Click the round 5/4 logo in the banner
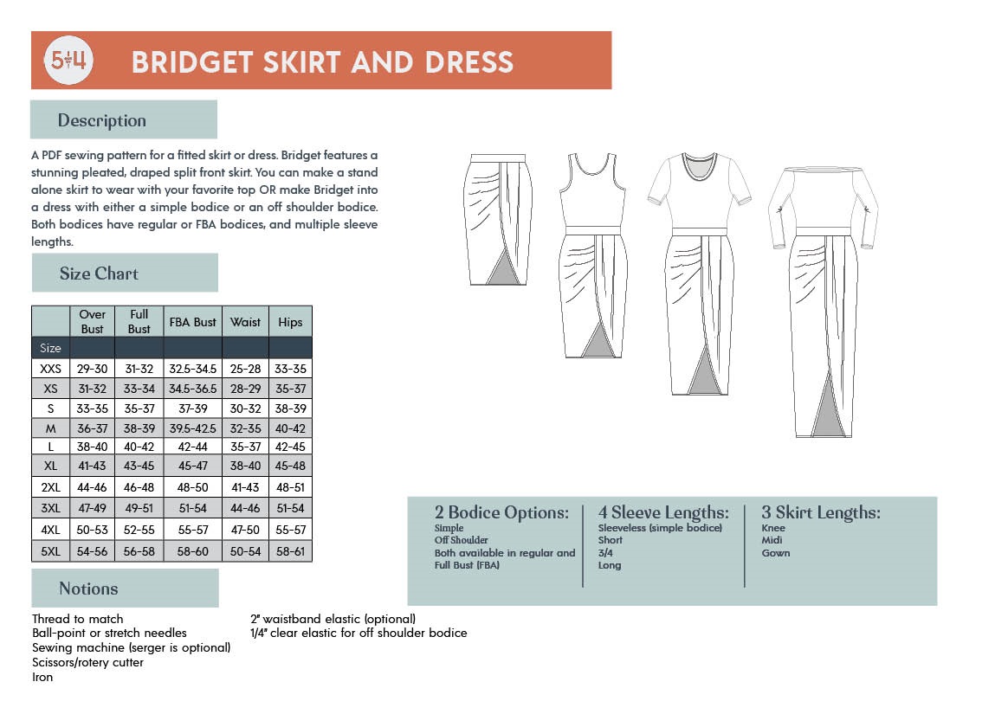point(69,61)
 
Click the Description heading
point(101,120)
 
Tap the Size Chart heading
point(99,273)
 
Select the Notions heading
point(88,589)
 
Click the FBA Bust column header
point(192,322)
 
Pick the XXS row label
point(50,369)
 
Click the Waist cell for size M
point(245,428)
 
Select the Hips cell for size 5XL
point(290,551)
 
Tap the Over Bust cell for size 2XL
point(93,487)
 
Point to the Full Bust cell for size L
point(139,447)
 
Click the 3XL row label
point(50,508)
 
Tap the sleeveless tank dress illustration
point(591,255)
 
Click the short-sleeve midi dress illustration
point(699,273)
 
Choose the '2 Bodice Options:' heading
point(501,512)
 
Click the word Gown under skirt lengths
point(776,553)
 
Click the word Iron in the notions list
point(42,677)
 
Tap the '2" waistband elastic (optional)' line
point(333,619)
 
